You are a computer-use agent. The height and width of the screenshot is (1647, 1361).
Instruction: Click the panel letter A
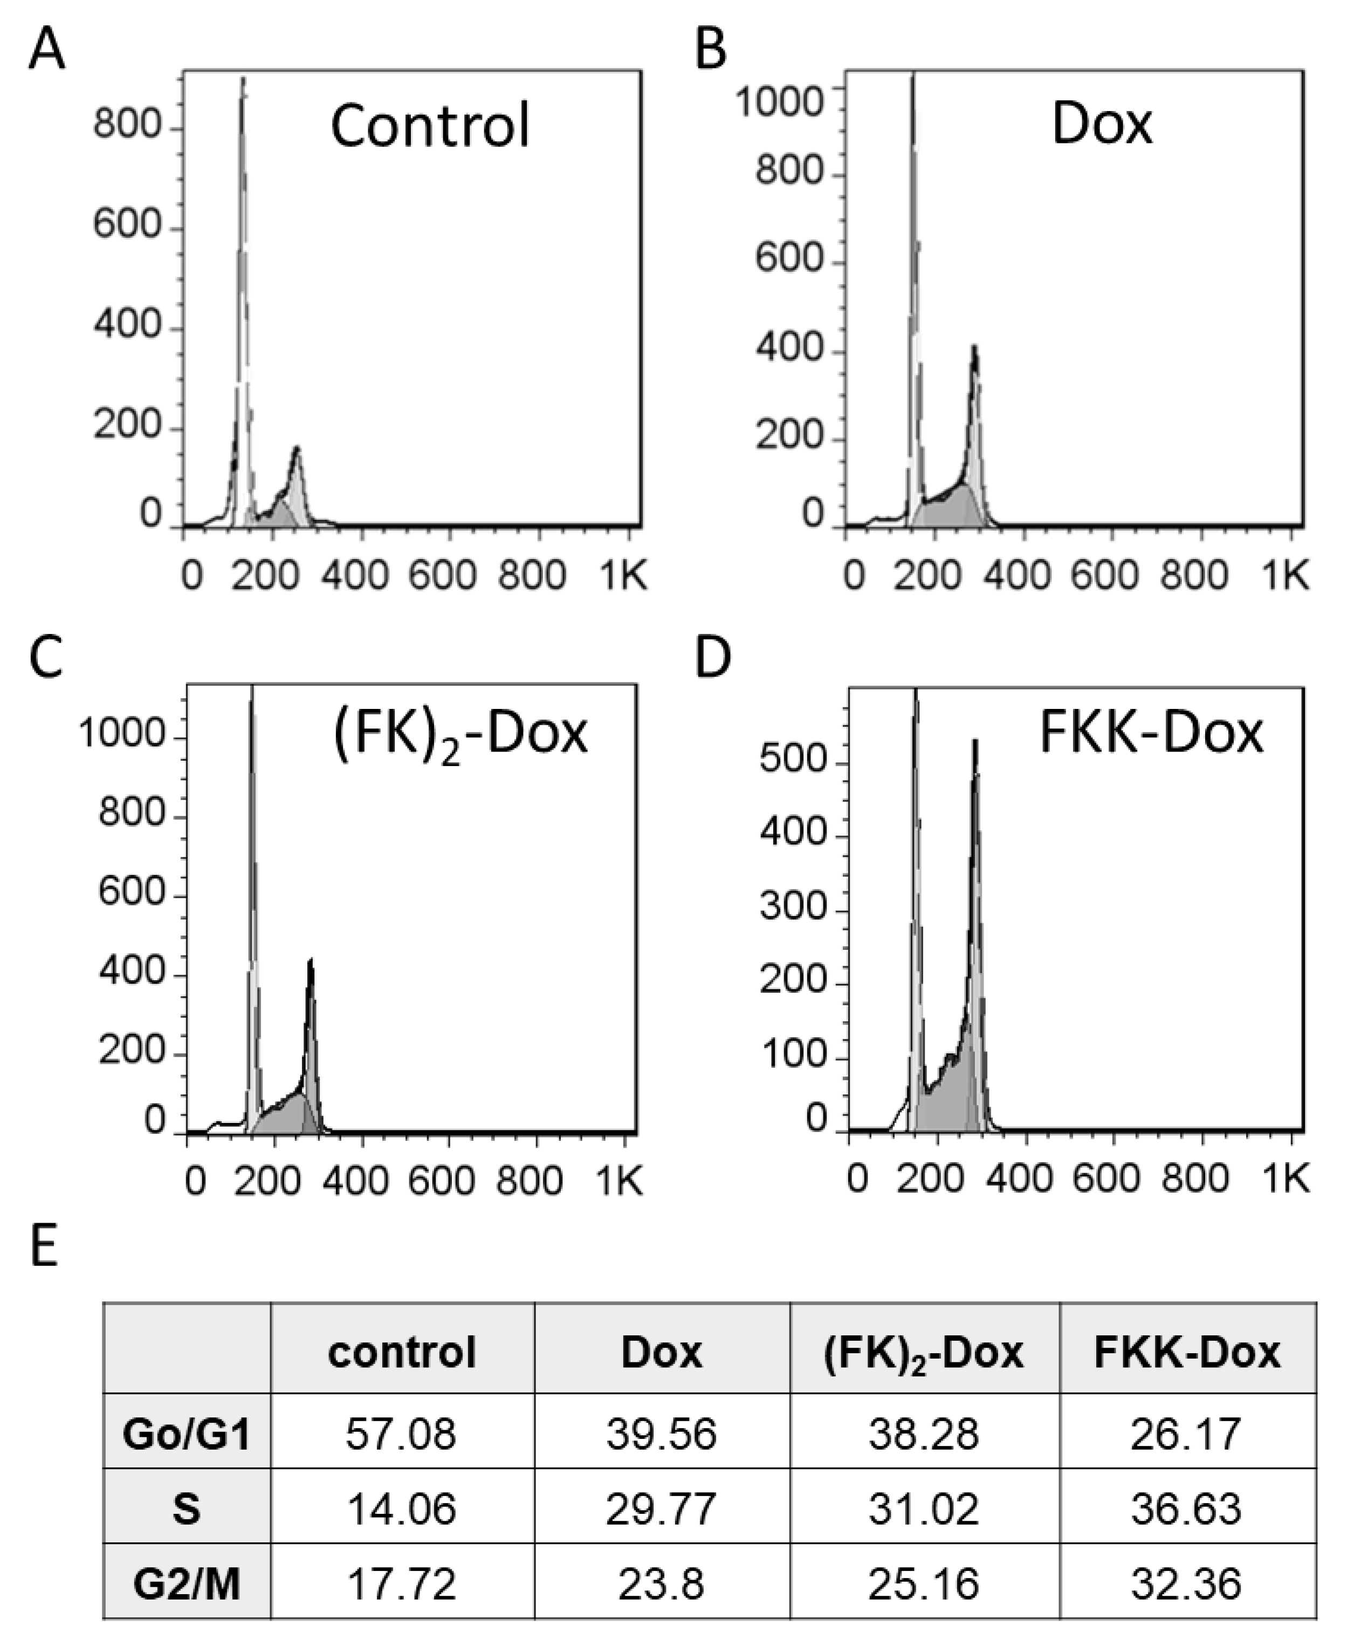point(46,52)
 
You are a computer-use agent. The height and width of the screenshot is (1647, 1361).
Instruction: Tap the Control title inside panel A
point(430,126)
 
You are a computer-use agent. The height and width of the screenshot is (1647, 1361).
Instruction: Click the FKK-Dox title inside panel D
point(1151,734)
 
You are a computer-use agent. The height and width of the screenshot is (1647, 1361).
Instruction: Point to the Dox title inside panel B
point(1102,124)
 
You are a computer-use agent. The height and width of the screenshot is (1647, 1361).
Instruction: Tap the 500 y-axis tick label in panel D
point(793,760)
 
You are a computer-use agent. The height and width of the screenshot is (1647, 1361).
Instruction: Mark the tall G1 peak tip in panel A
point(243,78)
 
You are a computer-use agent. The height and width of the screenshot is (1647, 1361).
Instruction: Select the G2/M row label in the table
point(187,1584)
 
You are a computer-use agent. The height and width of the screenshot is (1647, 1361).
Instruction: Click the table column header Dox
point(661,1352)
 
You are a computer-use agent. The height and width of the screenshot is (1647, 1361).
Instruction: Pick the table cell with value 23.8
point(661,1584)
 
